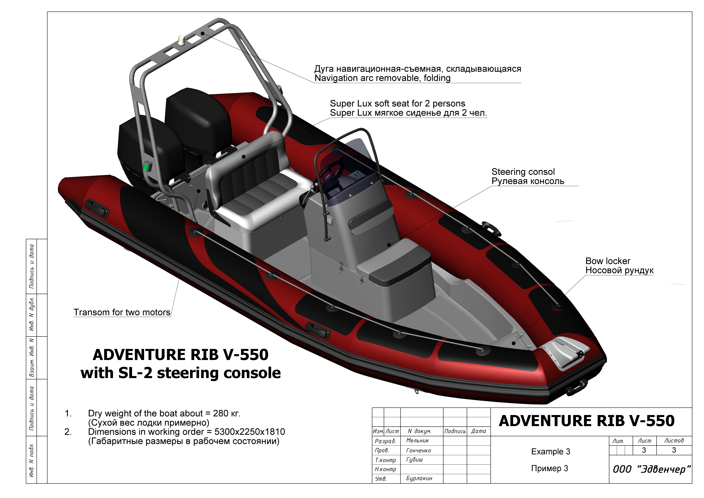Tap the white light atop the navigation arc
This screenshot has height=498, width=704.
tap(182, 40)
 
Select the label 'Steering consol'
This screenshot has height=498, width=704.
tap(523, 172)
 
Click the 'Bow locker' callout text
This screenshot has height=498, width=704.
tap(608, 261)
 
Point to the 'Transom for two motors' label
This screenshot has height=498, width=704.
tap(122, 312)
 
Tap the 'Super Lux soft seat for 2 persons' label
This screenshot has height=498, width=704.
tap(397, 104)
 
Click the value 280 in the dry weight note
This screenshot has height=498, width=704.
tap(221, 414)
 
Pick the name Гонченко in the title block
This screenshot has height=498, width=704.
tap(419, 450)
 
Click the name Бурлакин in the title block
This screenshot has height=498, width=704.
tap(419, 478)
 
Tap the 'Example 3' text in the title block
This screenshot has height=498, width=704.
tap(551, 452)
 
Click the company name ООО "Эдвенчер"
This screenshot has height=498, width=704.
tap(652, 469)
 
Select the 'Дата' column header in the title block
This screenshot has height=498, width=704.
tap(478, 431)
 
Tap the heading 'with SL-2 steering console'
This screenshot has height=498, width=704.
tap(181, 373)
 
